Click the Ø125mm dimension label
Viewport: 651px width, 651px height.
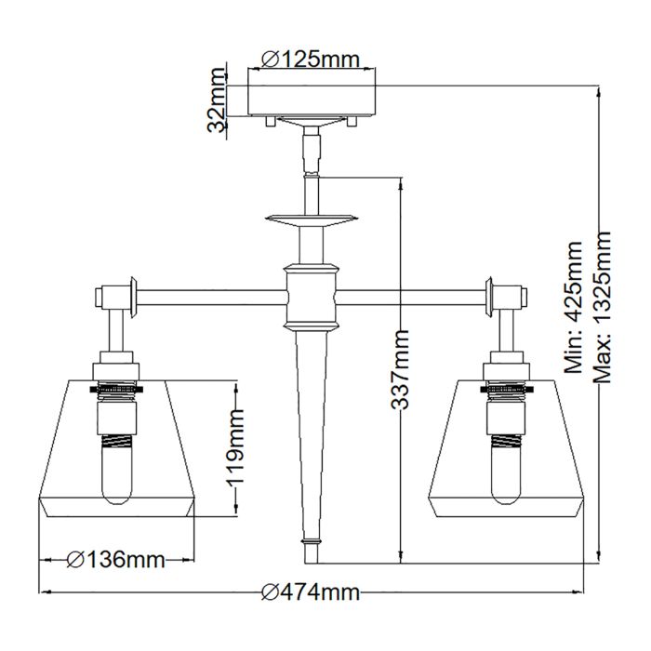coord(311,59)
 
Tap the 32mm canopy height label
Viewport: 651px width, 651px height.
coord(217,100)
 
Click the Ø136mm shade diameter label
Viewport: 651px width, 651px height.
coord(117,560)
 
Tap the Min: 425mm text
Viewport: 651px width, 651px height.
coord(575,306)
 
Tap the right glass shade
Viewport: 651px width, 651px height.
coord(558,446)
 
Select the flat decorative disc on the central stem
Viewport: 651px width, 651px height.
coord(311,220)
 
